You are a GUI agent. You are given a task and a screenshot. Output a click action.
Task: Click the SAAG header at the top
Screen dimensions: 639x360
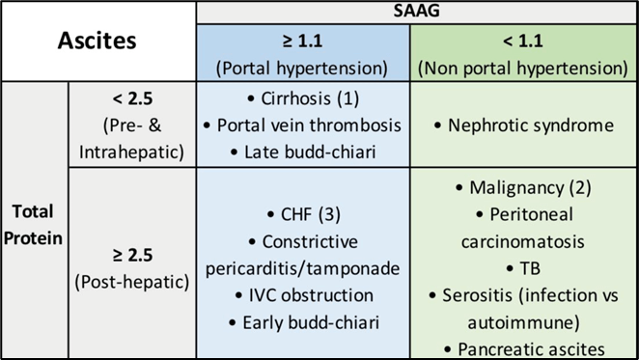[416, 11]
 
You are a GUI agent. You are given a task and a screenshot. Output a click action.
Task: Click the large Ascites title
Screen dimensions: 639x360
[97, 41]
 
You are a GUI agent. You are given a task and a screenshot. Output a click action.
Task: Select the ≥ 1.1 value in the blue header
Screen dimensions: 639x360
[302, 41]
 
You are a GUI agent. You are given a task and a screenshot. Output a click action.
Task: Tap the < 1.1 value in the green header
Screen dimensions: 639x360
[523, 41]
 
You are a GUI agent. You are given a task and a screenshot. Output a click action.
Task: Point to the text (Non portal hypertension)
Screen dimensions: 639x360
[523, 69]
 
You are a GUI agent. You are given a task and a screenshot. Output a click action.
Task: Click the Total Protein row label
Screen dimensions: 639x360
[33, 225]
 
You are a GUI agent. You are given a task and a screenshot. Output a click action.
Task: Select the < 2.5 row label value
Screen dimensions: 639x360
[133, 98]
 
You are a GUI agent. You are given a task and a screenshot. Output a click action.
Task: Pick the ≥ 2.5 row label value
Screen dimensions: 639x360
[133, 255]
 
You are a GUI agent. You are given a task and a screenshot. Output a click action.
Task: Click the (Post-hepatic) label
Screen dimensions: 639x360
[132, 282]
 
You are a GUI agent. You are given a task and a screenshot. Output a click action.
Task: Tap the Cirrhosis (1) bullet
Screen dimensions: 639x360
[303, 98]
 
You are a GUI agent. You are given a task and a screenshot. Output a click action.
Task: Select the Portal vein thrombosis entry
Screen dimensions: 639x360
[302, 125]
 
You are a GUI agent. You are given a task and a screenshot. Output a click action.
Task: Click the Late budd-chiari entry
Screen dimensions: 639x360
[303, 152]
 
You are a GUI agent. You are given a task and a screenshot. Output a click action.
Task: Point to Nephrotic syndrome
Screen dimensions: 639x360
[524, 125]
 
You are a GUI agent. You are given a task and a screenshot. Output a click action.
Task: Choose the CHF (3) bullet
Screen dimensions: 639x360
[304, 215]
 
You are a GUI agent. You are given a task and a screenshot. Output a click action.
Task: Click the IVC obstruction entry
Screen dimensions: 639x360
[304, 295]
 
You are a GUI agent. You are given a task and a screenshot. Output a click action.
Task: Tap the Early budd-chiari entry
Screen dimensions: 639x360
[304, 323]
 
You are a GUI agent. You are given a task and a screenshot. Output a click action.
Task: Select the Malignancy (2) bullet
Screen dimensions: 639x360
[524, 188]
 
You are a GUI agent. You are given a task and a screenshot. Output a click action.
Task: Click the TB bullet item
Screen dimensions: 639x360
[524, 268]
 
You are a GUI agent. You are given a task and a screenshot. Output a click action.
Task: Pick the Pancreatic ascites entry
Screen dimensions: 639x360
[524, 349]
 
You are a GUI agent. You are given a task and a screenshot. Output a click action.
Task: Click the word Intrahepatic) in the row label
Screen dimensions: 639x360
[131, 152]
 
